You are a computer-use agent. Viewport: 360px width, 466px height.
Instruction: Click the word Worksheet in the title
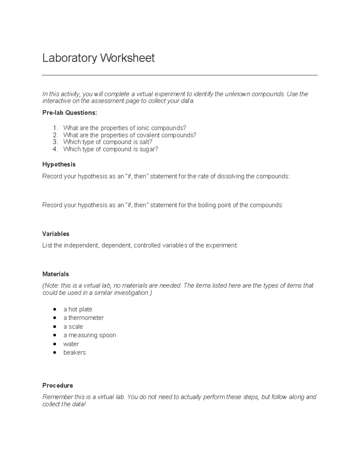tap(127, 58)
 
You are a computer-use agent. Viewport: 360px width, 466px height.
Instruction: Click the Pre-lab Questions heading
tap(70, 113)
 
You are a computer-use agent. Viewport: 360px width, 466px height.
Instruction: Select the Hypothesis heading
tap(59, 164)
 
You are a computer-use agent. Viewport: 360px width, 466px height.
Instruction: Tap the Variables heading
tap(56, 234)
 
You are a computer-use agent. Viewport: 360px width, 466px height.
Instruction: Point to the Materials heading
tap(55, 274)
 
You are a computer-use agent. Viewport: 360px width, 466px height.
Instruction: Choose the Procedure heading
tap(58, 385)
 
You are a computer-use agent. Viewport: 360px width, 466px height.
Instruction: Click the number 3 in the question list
tap(55, 142)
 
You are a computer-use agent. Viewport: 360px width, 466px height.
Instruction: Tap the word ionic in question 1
tap(143, 128)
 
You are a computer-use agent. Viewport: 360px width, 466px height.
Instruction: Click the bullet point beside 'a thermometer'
tap(55, 318)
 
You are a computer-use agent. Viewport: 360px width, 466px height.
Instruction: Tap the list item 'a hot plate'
tap(78, 309)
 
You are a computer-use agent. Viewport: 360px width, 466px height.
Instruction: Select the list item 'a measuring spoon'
tap(89, 335)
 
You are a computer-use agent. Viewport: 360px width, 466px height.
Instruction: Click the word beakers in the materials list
tap(74, 353)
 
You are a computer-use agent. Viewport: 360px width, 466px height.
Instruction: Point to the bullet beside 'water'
tap(55, 344)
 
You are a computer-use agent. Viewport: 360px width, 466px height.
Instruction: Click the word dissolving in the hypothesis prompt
tap(230, 176)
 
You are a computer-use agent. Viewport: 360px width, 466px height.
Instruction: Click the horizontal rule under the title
tap(179, 75)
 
